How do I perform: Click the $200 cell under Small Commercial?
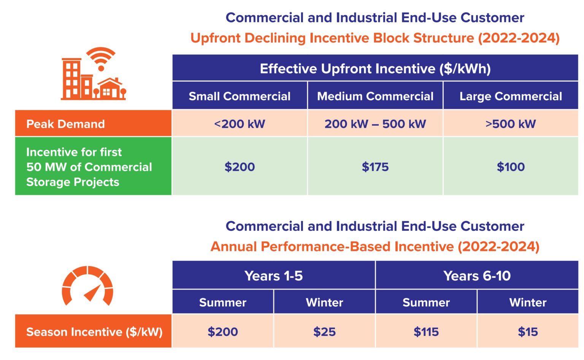(240, 167)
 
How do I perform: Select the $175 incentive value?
(375, 167)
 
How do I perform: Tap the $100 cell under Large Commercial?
(511, 167)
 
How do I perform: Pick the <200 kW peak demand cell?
(240, 124)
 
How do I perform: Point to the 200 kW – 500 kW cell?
(375, 124)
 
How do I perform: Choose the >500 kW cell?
(511, 124)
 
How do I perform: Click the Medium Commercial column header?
(375, 96)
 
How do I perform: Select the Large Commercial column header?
(511, 96)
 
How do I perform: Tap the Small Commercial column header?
(240, 96)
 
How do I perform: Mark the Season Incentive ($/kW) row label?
(94, 331)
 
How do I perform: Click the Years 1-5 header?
(273, 276)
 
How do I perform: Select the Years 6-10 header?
(477, 276)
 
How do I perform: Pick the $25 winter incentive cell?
(324, 331)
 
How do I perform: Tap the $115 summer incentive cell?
(426, 331)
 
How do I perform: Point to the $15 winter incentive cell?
(528, 331)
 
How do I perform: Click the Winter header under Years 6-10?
(528, 302)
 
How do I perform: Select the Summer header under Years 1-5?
(223, 302)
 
